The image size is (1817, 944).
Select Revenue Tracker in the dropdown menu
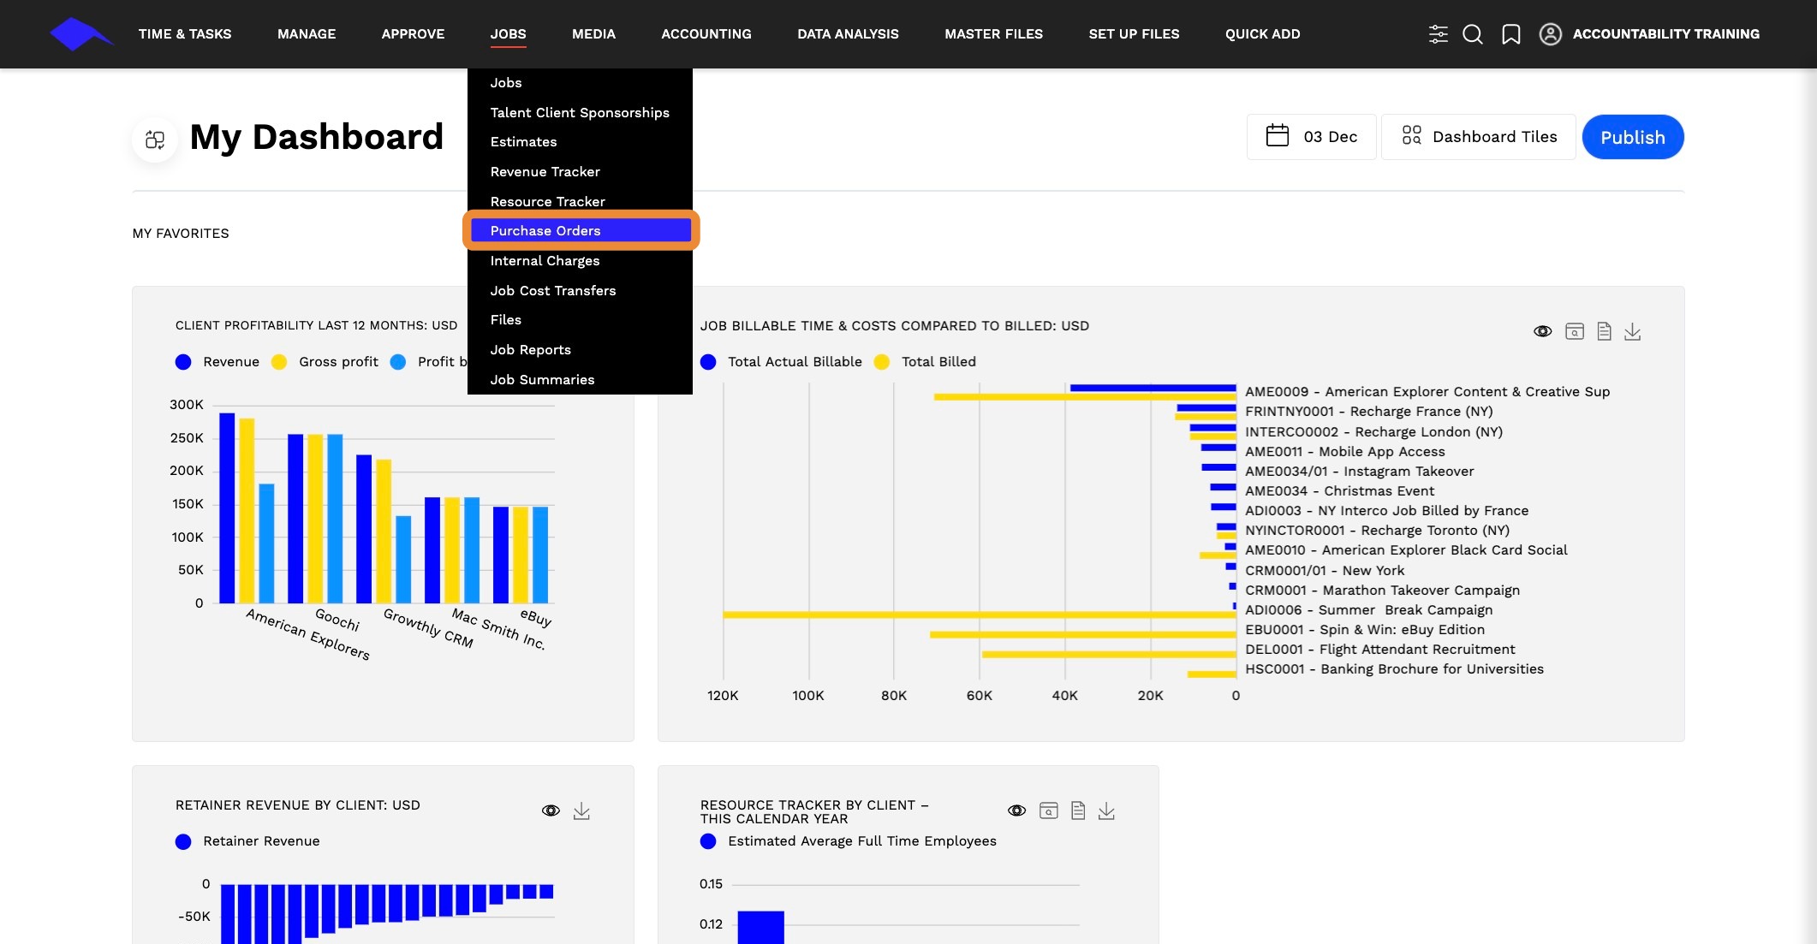pos(545,171)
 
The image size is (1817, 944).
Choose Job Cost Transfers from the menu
pos(553,290)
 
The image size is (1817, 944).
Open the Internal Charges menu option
pos(545,260)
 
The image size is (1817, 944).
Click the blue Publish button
pos(1632,137)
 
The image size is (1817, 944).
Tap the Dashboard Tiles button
pos(1478,137)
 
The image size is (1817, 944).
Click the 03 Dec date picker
pos(1311,137)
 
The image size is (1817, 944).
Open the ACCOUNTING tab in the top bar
pos(706,34)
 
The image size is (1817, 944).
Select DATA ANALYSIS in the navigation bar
pos(848,34)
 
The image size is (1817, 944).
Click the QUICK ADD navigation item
pos(1262,34)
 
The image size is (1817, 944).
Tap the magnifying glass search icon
pos(1473,34)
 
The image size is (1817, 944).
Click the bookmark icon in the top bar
pos(1511,34)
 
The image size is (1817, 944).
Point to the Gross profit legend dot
pos(279,362)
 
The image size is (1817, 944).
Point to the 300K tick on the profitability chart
pos(187,405)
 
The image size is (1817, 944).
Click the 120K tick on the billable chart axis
pos(723,696)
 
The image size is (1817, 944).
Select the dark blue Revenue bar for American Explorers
pos(227,508)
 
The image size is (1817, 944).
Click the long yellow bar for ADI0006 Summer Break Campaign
pos(980,614)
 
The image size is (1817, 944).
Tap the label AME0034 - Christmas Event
pos(1339,491)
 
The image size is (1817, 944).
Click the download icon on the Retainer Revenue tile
pos(581,810)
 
